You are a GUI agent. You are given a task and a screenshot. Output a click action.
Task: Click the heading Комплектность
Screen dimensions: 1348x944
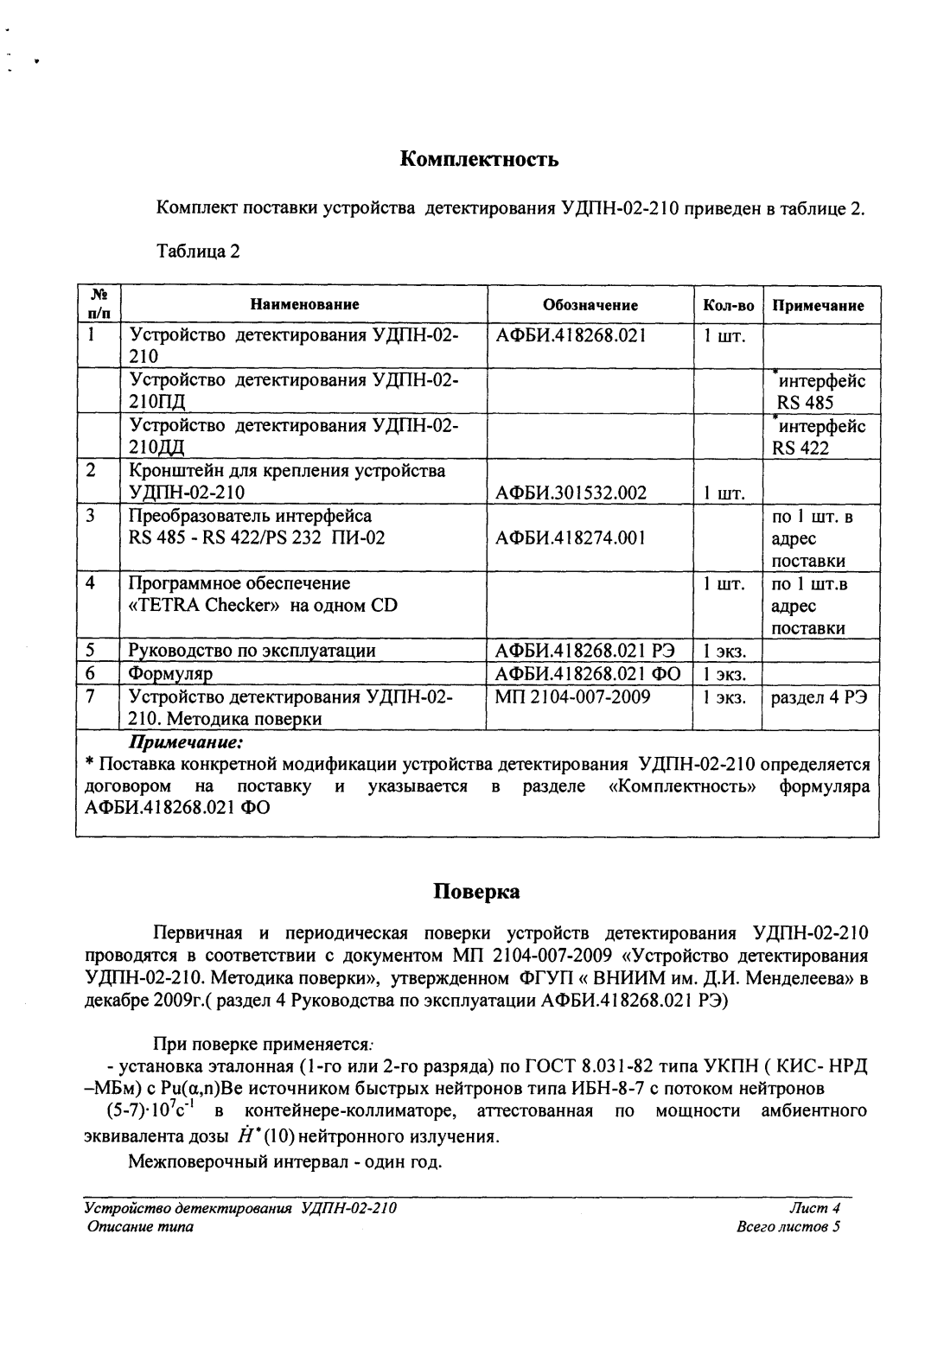[x=480, y=159]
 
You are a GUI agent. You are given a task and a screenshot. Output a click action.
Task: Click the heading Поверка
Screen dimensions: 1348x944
[x=476, y=892]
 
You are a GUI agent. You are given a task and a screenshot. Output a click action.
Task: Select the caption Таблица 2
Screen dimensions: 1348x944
[x=197, y=251]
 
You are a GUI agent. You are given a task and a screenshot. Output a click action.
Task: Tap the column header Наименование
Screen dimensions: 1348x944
[x=304, y=304]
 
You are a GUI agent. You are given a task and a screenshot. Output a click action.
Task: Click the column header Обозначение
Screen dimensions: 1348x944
[x=590, y=305]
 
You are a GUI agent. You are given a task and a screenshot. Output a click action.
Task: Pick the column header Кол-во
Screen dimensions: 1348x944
[x=727, y=306]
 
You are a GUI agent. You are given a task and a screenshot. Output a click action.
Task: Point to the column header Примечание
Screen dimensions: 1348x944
[x=818, y=306]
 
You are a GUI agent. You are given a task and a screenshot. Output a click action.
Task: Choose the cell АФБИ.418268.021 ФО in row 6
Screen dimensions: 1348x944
[x=587, y=674]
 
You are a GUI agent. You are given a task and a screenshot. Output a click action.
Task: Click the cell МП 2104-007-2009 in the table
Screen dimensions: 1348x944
[x=571, y=696]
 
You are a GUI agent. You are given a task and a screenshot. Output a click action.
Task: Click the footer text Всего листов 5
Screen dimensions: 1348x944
[x=788, y=1227]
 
